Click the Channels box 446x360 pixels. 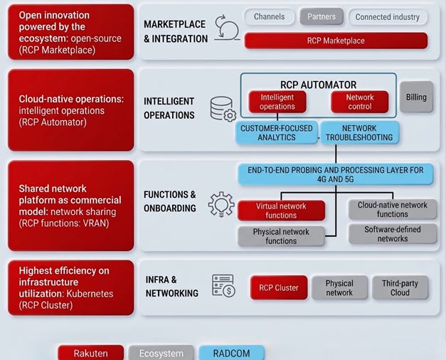click(269, 16)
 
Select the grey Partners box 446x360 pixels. click(322, 16)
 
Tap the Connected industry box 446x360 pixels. click(388, 16)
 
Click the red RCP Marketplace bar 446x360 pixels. click(336, 41)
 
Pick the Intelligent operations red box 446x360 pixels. click(277, 102)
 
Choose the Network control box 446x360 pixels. click(360, 102)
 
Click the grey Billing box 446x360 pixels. click(416, 97)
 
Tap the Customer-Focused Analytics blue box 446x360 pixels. click(277, 132)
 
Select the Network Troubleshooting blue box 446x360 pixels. click(360, 132)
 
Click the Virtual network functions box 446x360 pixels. click(281, 211)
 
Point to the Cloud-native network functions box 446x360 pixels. click(393, 209)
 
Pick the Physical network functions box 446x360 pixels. click(281, 236)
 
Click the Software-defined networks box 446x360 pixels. click(393, 234)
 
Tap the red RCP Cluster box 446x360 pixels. click(279, 287)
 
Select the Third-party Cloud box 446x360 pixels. click(400, 287)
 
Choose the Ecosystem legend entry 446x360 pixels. click(161, 353)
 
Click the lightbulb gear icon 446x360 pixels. click(221, 203)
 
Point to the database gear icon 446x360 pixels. click(223, 109)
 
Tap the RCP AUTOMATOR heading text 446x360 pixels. click(319, 85)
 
